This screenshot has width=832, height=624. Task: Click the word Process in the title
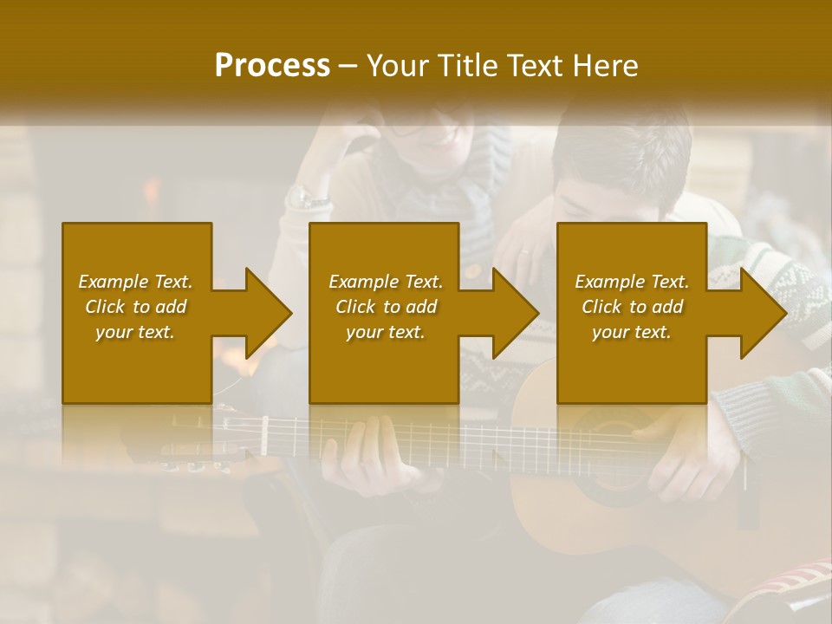tap(272, 66)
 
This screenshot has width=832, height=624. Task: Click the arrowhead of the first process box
tap(268, 313)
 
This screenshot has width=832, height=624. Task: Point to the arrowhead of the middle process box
tap(515, 313)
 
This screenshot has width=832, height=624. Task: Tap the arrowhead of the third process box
tap(762, 313)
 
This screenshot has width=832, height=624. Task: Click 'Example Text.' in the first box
tap(135, 282)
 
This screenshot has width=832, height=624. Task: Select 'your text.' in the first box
tap(135, 332)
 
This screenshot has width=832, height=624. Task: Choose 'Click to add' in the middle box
tap(386, 307)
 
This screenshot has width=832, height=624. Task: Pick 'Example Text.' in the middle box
tap(386, 282)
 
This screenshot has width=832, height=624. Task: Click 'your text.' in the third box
tap(632, 332)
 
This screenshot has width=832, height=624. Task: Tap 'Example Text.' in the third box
tap(632, 282)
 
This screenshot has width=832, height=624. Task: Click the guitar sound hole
tap(607, 468)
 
